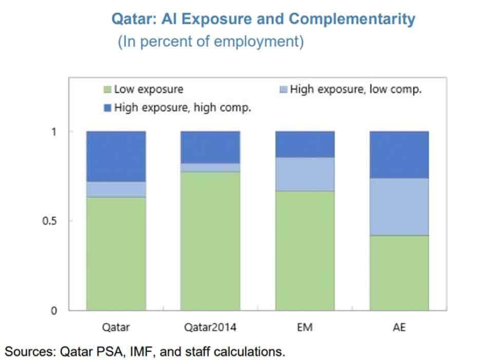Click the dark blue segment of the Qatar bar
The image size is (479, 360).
tap(116, 156)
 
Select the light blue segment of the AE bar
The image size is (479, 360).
tap(399, 207)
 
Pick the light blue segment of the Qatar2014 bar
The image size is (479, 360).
tap(210, 167)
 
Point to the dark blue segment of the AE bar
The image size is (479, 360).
tap(399, 155)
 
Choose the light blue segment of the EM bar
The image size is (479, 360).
tap(305, 174)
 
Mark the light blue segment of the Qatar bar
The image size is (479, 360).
tap(116, 189)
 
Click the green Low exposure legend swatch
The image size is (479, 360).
tap(107, 90)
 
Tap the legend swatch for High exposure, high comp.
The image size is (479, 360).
tap(107, 108)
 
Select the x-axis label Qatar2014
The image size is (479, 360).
tap(210, 328)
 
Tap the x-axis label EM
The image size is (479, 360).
tap(305, 328)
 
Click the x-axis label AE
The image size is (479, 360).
tap(399, 328)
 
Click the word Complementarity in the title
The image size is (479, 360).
tap(352, 19)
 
